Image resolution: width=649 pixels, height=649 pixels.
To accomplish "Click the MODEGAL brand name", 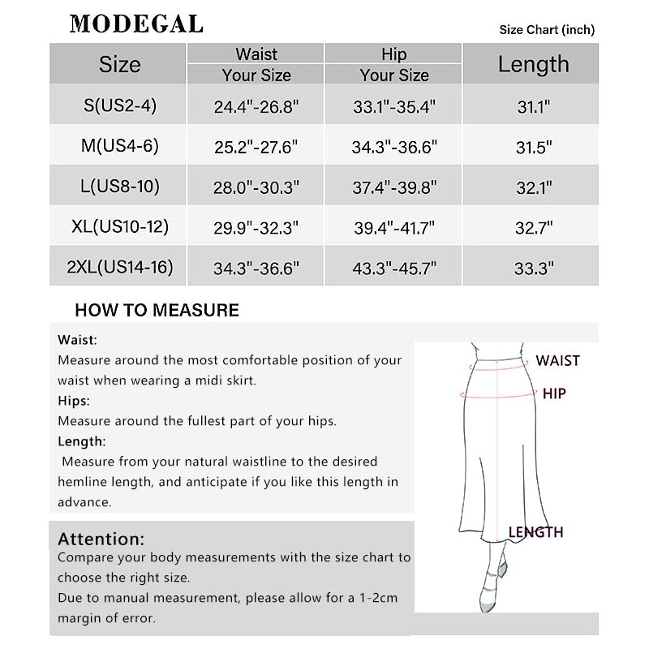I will pyautogui.click(x=135, y=24).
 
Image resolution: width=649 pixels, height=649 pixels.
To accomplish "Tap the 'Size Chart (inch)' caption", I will pyautogui.click(x=547, y=30).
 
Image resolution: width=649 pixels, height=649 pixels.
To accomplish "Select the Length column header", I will pyautogui.click(x=533, y=64).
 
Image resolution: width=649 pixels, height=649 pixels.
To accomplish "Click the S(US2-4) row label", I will pyautogui.click(x=119, y=105).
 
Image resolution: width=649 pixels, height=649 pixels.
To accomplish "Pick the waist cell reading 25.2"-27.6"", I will pyautogui.click(x=256, y=147).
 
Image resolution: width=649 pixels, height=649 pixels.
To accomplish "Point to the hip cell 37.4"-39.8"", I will pyautogui.click(x=394, y=187).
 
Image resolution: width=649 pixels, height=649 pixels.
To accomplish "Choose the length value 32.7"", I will pyautogui.click(x=533, y=227).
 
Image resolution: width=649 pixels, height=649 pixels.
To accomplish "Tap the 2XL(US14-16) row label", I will pyautogui.click(x=120, y=266).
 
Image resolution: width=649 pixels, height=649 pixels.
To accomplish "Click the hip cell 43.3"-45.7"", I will pyautogui.click(x=394, y=267).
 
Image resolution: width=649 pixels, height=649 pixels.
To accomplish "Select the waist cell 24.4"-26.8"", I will pyautogui.click(x=256, y=105).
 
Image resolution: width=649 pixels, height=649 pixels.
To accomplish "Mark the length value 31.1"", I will pyautogui.click(x=533, y=105).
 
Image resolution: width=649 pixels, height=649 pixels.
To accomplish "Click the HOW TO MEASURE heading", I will pyautogui.click(x=157, y=310).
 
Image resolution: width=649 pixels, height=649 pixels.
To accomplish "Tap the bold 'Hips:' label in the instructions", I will pyautogui.click(x=74, y=401).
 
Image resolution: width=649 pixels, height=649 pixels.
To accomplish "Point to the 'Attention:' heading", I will pyautogui.click(x=101, y=539).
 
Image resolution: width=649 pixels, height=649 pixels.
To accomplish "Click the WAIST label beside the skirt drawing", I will pyautogui.click(x=557, y=360).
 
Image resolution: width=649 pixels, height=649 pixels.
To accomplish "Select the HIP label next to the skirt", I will pyautogui.click(x=554, y=393).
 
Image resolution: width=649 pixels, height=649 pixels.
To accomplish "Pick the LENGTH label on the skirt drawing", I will pyautogui.click(x=535, y=532).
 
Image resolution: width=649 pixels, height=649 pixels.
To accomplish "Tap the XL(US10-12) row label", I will pyautogui.click(x=120, y=226).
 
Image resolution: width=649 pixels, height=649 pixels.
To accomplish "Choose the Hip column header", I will pyautogui.click(x=393, y=54).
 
